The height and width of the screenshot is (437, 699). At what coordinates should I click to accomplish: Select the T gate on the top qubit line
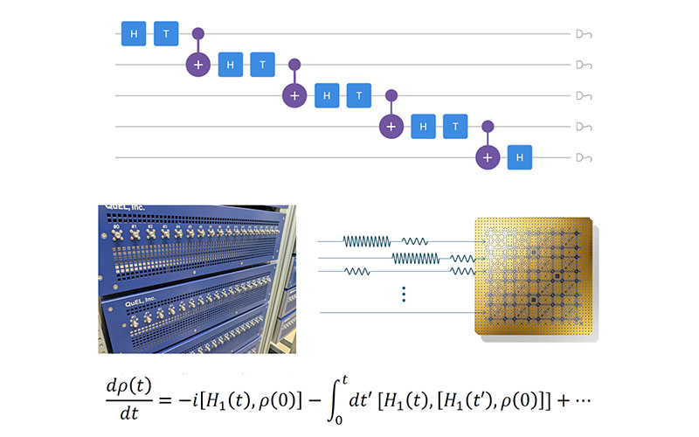coord(167,33)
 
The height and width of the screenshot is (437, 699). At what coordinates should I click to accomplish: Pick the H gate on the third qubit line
coord(328,94)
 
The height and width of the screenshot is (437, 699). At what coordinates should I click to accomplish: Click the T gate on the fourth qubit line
coord(455,126)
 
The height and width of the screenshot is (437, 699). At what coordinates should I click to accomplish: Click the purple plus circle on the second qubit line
coord(198,64)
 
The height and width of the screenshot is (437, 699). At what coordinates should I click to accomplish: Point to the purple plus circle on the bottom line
coord(488,157)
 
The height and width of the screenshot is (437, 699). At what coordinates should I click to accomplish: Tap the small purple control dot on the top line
coord(198,33)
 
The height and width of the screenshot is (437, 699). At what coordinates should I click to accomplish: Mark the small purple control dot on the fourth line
coord(488,126)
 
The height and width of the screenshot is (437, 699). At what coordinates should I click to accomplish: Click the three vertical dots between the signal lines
coord(404,295)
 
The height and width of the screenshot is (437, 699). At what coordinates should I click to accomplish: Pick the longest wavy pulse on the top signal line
coord(366,240)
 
